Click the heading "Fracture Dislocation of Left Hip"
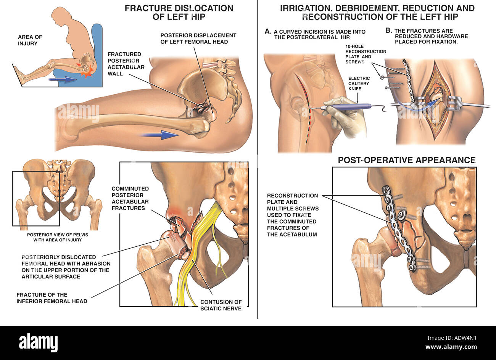(179, 12)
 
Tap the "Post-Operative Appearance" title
(407, 160)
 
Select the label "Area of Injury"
(30, 40)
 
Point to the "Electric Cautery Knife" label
(359, 84)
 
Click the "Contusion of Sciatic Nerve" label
(221, 305)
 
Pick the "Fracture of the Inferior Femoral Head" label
(52, 298)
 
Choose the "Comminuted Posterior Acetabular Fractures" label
(130, 198)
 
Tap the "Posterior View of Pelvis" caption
(58, 237)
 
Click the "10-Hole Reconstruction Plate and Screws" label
(366, 54)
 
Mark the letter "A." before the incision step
(268, 31)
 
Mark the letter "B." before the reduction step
(389, 31)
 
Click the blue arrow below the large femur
(160, 135)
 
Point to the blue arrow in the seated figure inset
(63, 79)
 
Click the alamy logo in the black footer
(38, 342)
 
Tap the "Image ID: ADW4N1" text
(452, 338)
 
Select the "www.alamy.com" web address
(451, 347)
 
